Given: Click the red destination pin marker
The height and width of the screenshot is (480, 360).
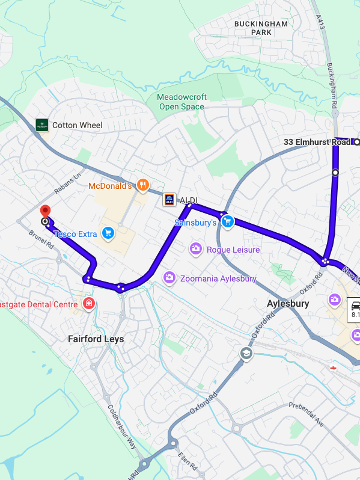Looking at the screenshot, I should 44,212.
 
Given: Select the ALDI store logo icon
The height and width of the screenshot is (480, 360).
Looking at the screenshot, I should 169,200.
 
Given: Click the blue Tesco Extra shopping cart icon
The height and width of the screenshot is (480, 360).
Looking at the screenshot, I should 108,233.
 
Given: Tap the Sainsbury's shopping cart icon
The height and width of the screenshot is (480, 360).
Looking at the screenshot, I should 228,222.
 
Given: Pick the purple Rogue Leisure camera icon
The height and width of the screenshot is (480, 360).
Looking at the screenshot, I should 195,248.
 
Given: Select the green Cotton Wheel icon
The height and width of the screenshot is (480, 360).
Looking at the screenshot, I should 41,125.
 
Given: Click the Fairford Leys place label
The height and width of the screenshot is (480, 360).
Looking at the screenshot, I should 96,339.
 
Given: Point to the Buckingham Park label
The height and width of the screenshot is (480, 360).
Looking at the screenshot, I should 261,28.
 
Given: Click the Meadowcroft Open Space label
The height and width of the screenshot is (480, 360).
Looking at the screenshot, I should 182,102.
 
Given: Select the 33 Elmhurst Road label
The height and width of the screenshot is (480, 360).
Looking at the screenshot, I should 317,142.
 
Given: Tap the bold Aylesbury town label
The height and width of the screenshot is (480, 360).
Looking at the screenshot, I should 288,304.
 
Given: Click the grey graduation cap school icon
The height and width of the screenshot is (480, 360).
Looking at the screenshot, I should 246,354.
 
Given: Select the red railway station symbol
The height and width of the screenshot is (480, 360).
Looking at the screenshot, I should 331,368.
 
